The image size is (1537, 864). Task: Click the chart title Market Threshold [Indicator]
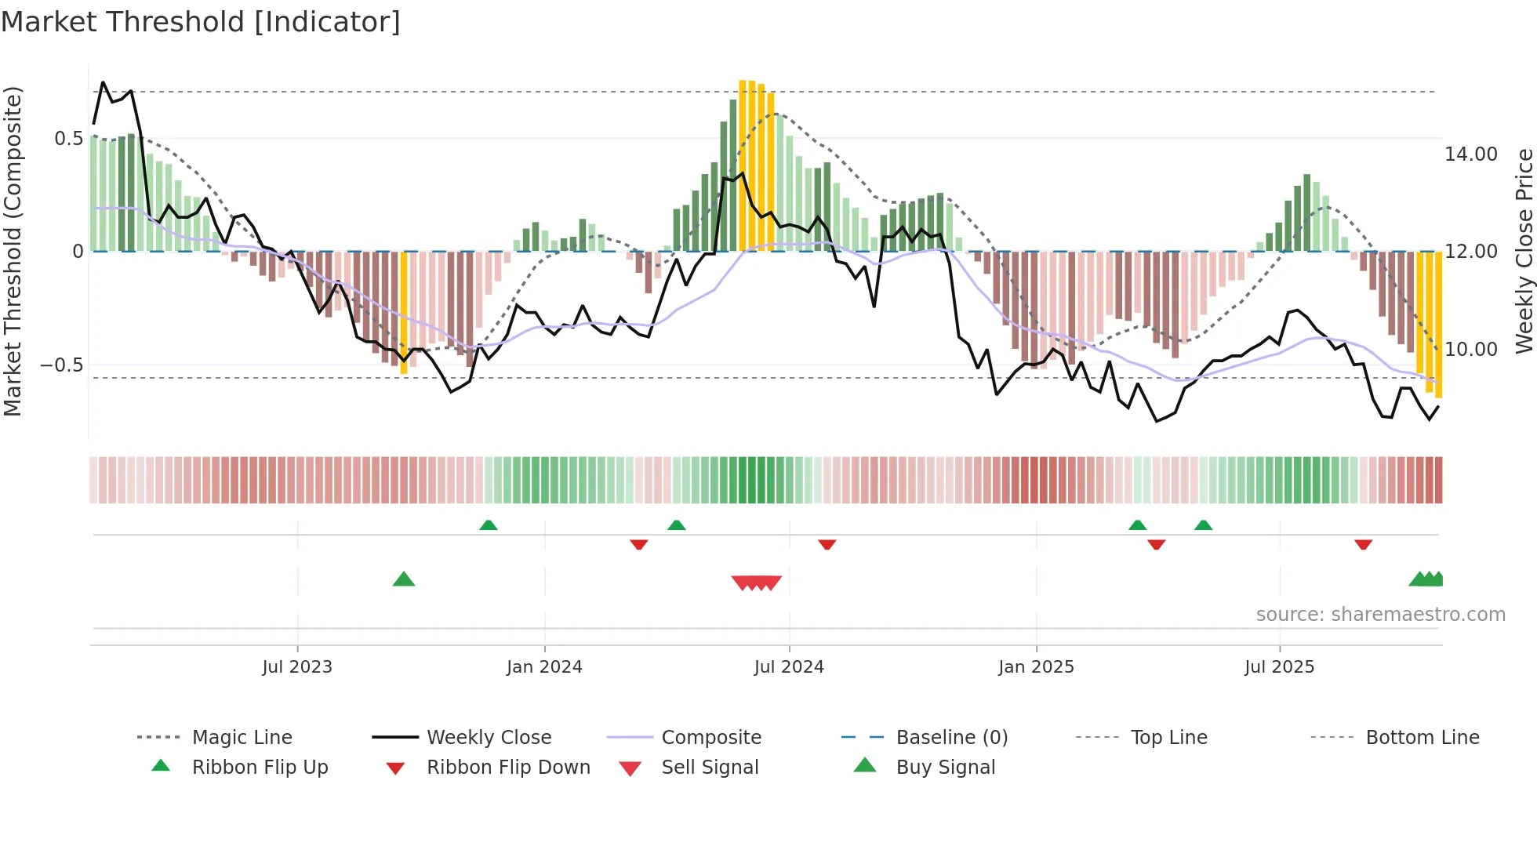click(x=201, y=22)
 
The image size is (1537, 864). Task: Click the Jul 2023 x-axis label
click(x=297, y=667)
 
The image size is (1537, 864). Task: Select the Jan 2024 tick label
click(x=544, y=667)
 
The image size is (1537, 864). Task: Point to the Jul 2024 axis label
click(x=789, y=667)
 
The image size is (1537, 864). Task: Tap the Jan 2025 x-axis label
click(x=1036, y=667)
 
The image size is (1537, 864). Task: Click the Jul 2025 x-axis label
click(x=1279, y=667)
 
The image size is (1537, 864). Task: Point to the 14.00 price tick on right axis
click(x=1471, y=154)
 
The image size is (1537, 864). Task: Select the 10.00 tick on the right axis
click(x=1471, y=350)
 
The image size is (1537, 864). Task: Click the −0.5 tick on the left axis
click(x=62, y=365)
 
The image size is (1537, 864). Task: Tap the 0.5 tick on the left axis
click(x=68, y=139)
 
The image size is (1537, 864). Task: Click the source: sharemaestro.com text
click(x=1380, y=615)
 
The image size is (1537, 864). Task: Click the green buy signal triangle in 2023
click(x=403, y=580)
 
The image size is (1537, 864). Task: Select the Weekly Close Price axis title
click(x=1524, y=251)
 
